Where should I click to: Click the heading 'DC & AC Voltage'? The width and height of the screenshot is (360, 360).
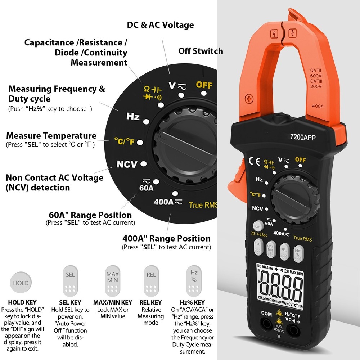160,25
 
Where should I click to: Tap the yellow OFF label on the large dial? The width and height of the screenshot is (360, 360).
204,85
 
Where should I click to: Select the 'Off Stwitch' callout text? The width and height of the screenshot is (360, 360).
201,51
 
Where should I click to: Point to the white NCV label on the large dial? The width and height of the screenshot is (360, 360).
127,165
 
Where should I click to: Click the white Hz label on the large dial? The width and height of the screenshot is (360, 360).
133,117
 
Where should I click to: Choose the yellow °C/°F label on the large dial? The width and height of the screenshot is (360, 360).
124,141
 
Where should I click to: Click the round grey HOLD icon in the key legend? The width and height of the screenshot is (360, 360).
21,283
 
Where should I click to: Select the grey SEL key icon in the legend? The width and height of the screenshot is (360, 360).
71,280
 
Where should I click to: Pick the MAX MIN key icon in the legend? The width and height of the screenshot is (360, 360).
112,280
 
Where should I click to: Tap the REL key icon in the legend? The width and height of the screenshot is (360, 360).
151,280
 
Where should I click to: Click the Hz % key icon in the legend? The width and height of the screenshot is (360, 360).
194,280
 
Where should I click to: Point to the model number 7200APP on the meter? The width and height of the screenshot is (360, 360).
303,137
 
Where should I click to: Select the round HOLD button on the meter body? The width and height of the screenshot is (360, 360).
257,226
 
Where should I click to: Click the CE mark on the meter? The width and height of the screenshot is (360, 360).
255,161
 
